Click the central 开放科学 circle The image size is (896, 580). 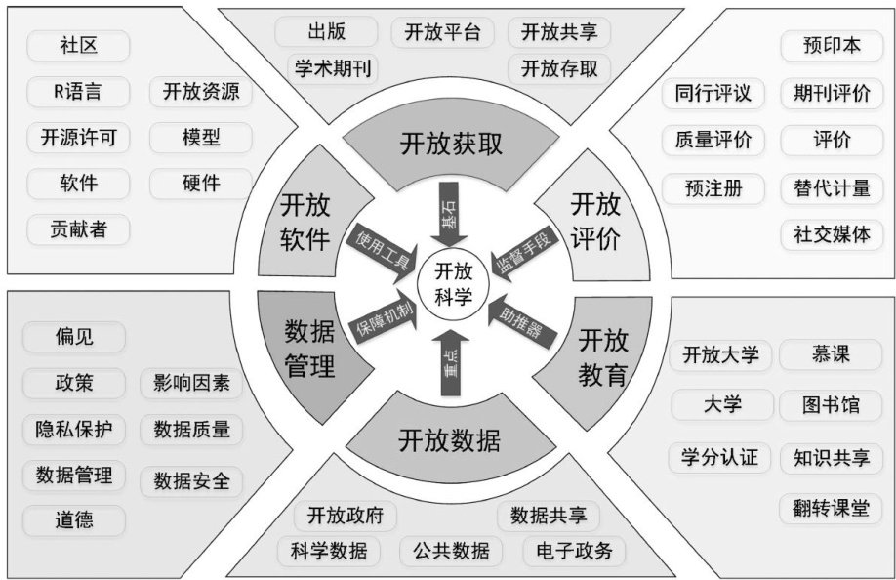click(452, 283)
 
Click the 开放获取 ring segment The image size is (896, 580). click(451, 145)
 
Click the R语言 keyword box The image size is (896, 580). click(77, 93)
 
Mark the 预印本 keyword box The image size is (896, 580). click(832, 46)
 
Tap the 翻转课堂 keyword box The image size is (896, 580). click(831, 508)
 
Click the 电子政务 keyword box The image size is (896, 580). click(574, 551)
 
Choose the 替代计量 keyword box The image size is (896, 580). click(832, 187)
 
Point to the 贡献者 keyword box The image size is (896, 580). click(78, 229)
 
